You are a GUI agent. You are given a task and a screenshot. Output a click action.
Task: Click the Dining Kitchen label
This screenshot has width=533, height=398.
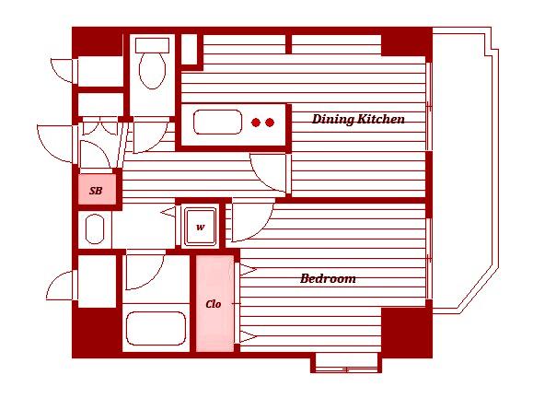coord(358,119)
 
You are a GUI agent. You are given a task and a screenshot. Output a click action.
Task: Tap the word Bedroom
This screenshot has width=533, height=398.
coord(328,278)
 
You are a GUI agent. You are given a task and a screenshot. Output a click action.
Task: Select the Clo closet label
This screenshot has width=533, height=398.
coord(214,304)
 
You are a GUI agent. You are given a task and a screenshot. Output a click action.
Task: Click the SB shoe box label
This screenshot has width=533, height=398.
coord(96,191)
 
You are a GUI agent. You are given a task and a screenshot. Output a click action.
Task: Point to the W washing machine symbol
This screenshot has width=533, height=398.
coord(201,227)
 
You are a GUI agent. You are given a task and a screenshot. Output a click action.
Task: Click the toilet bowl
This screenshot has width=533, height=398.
coord(152,71)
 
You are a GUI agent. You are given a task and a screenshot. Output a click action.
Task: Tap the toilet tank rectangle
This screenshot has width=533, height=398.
coord(152,45)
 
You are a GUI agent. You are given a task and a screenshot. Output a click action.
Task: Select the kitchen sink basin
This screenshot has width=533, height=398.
coord(217,122)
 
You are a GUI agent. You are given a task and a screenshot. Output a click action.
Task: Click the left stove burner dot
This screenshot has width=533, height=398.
coord(256,123)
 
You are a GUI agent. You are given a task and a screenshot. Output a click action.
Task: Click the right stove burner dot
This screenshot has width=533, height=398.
coord(270,123)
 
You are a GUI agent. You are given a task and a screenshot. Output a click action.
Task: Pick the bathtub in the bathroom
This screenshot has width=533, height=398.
coord(156,329)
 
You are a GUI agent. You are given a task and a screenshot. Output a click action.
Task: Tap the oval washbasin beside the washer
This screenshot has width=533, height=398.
coord(95,228)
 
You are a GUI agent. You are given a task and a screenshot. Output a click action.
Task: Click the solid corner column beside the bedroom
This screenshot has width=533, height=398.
coord(407,332)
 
